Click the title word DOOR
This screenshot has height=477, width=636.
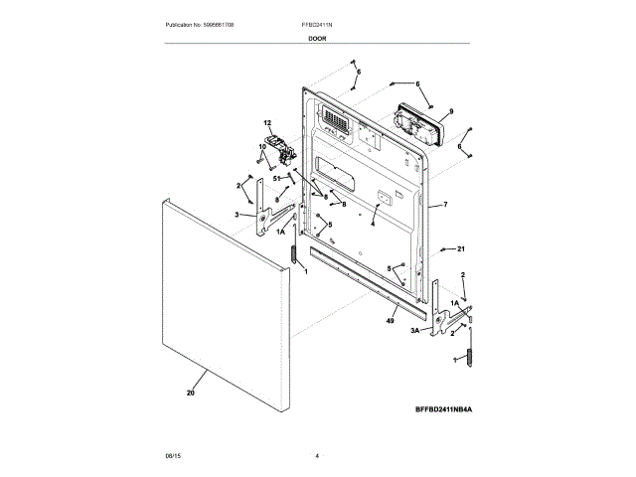[318, 37]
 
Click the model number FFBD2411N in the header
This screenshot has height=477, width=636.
[318, 23]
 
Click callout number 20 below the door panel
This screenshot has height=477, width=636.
[190, 394]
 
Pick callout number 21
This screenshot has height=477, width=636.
[460, 248]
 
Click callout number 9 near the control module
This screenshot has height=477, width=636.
[450, 111]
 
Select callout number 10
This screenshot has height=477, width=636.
[262, 147]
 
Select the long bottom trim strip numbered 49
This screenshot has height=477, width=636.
[368, 292]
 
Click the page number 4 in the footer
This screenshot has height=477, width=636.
[317, 455]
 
